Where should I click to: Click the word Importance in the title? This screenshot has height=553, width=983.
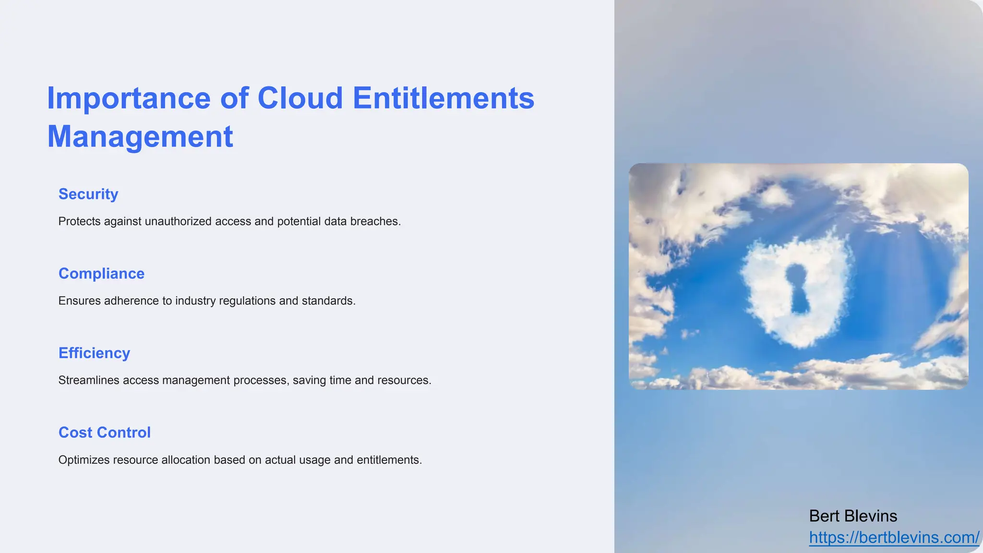click(x=129, y=99)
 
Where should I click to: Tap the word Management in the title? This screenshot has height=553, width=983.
click(x=140, y=137)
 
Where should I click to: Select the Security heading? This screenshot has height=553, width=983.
click(x=88, y=194)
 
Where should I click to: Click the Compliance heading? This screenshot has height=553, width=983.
click(x=101, y=274)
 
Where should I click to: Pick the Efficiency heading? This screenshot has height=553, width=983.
click(x=94, y=353)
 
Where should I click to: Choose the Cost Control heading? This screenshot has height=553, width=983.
click(x=104, y=433)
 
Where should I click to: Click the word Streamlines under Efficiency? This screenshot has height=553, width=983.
click(x=89, y=380)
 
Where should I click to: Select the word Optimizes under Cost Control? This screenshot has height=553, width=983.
click(x=84, y=460)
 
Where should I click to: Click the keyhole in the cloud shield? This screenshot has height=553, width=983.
click(x=797, y=288)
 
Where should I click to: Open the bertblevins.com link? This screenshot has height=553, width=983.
click(x=893, y=538)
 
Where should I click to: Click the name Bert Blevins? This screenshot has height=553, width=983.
click(x=853, y=516)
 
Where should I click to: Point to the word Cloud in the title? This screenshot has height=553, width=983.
click(x=300, y=99)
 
